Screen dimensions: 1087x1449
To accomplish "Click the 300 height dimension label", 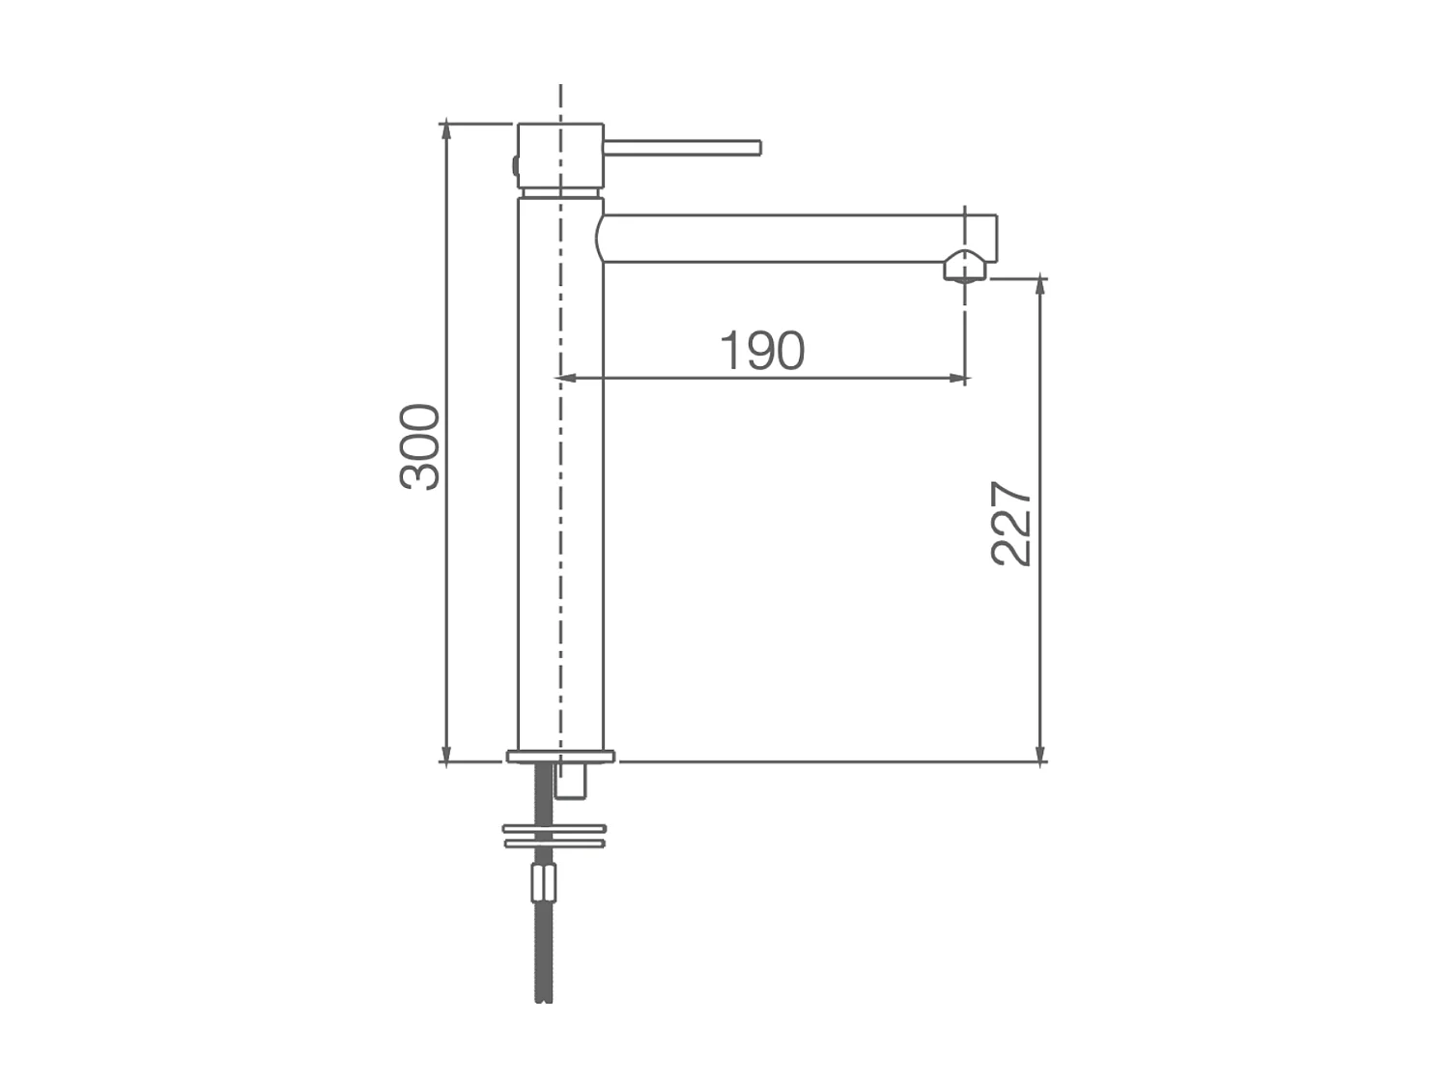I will point(421,446).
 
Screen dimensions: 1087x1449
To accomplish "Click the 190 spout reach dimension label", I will point(762,351).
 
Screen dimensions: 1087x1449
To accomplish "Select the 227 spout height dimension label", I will point(1012,523).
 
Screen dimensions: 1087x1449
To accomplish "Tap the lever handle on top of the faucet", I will point(682,148).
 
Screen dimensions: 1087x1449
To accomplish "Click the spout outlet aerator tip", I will point(965,267).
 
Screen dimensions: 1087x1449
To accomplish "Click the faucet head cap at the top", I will point(560,155).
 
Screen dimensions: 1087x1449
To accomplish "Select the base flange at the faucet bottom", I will point(560,756).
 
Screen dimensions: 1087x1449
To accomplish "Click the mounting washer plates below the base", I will point(554,836).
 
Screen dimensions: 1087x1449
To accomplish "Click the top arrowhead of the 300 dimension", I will point(445,130).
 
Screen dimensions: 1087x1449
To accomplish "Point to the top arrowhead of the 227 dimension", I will point(1040,286).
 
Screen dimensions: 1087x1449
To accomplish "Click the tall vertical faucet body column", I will point(560,473).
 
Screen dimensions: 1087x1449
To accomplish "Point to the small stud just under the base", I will point(572,781).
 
